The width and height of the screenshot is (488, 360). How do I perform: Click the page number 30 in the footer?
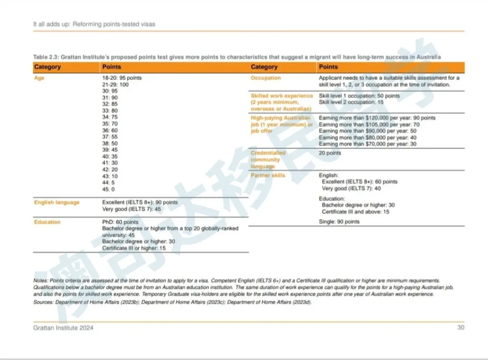click(x=460, y=328)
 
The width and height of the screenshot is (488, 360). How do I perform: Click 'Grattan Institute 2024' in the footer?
click(x=63, y=328)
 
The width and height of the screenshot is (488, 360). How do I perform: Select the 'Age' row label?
click(x=39, y=78)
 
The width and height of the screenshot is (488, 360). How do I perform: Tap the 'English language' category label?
click(x=57, y=202)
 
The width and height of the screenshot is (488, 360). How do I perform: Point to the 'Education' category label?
click(x=47, y=222)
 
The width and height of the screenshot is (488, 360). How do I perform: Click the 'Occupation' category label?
click(x=265, y=78)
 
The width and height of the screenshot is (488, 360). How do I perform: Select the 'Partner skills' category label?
click(x=268, y=175)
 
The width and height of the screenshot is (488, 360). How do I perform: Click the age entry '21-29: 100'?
click(x=115, y=84)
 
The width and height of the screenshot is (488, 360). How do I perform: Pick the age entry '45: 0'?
click(x=109, y=189)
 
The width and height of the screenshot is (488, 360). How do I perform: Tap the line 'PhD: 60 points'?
click(x=120, y=222)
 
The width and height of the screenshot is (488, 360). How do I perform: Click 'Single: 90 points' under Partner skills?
click(x=339, y=222)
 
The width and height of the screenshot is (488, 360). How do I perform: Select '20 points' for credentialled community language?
click(x=330, y=153)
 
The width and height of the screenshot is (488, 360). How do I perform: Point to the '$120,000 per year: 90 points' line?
click(x=377, y=118)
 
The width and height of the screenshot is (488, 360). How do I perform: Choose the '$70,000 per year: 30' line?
click(x=367, y=144)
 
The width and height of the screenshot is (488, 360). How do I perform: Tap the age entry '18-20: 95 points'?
click(x=122, y=78)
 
